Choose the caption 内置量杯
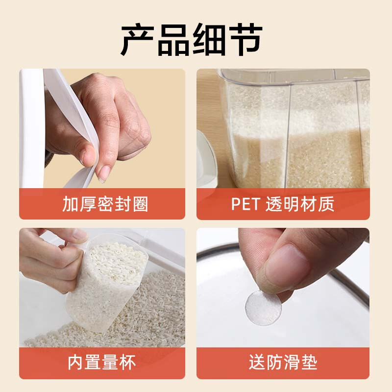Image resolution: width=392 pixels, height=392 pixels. (x=102, y=363)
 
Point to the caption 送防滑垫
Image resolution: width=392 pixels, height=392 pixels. (x=283, y=363)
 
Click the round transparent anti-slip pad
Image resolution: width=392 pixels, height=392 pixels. (x=263, y=308)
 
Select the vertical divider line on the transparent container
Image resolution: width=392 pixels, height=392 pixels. (x=288, y=132)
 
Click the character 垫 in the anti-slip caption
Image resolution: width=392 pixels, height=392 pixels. (x=308, y=363)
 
